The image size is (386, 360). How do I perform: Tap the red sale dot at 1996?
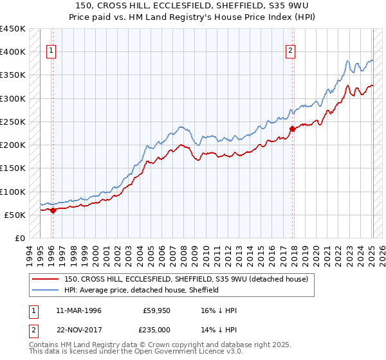click(x=53, y=210)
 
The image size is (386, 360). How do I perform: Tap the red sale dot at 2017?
click(x=292, y=129)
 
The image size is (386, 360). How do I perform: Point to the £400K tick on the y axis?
click(x=13, y=52)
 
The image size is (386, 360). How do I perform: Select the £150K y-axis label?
click(x=13, y=168)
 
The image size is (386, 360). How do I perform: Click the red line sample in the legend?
click(x=46, y=279)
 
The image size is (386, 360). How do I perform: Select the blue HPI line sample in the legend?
click(x=46, y=290)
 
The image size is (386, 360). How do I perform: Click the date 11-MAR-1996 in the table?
click(x=78, y=310)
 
